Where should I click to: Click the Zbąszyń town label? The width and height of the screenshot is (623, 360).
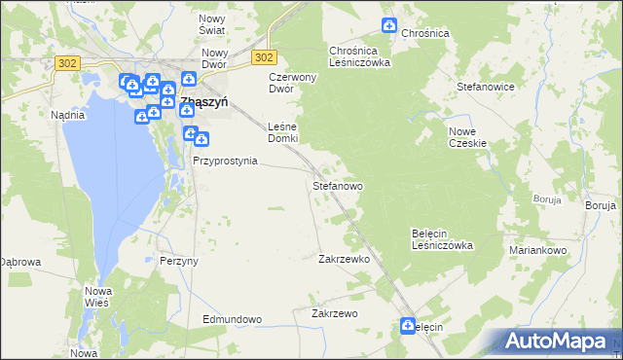tap(203, 100)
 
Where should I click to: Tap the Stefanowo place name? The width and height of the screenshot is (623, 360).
tap(338, 185)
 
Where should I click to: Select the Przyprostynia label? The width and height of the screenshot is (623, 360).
tap(225, 161)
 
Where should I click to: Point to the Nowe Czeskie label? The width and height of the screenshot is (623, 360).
tap(466, 137)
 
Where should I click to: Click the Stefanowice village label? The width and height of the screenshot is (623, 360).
tap(485, 87)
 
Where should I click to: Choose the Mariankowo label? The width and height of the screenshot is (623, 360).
tap(537, 250)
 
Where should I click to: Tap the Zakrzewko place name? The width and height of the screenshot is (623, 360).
tap(344, 260)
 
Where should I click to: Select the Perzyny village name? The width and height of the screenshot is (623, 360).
tap(179, 262)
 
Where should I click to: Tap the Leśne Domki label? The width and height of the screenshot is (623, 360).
tap(282, 132)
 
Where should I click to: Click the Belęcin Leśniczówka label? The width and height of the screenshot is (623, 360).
tap(442, 239)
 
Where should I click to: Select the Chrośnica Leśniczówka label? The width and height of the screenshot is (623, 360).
tap(359, 56)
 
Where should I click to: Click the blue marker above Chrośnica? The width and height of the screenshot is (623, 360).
tap(389, 24)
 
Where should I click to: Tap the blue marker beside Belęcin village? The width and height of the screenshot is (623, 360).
tap(407, 326)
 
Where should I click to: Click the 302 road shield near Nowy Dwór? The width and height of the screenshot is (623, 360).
tap(265, 57)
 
